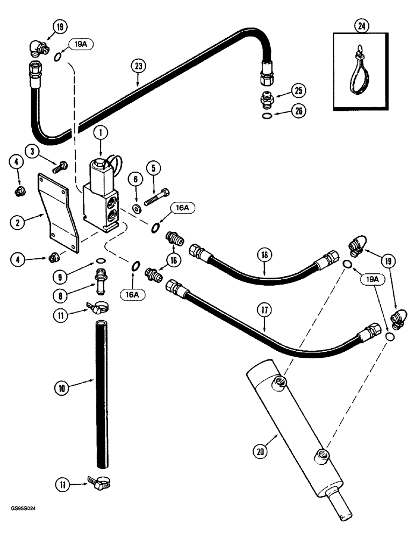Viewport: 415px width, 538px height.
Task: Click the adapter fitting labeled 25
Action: pyautogui.click(x=267, y=101)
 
